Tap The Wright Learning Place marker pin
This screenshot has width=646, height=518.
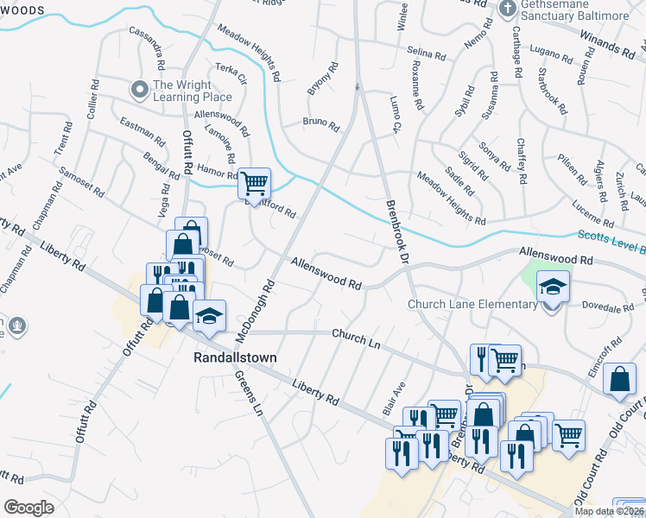click(139, 89)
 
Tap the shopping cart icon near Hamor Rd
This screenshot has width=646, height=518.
click(254, 182)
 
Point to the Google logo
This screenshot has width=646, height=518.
click(29, 507)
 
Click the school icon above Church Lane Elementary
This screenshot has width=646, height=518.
click(553, 285)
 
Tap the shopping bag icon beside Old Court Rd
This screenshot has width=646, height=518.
click(620, 379)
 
